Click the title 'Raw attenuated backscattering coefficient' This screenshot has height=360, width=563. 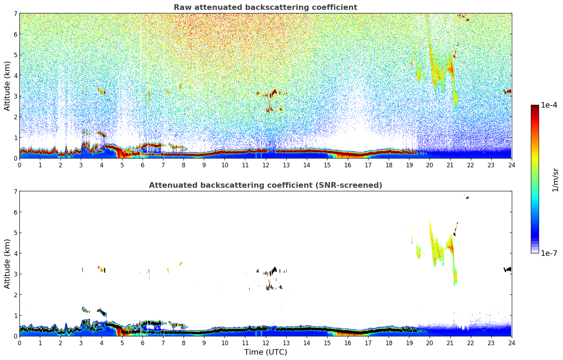(x=265, y=7)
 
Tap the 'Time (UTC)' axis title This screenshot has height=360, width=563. (x=265, y=352)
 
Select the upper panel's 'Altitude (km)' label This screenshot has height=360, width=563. (x=7, y=86)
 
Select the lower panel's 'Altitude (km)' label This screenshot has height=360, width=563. (x=7, y=264)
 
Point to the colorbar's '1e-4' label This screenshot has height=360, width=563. (x=549, y=105)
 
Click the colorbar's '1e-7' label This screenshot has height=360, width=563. (x=549, y=253)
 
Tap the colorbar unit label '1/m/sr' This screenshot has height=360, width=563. (x=555, y=180)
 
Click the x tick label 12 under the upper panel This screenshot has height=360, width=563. (x=265, y=165)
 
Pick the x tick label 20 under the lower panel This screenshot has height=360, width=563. (x=430, y=343)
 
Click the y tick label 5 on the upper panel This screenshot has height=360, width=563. (x=16, y=55)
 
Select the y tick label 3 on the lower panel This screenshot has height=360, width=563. (x=16, y=274)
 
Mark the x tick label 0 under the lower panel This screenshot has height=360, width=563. (x=19, y=343)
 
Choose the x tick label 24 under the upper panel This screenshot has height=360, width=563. (x=511, y=165)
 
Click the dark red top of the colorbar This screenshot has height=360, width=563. (x=534, y=107)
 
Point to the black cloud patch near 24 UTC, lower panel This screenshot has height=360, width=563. (x=508, y=269)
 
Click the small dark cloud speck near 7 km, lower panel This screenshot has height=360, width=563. (x=467, y=198)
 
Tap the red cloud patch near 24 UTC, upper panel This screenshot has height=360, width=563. (x=508, y=92)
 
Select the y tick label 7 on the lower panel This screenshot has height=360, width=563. (x=16, y=192)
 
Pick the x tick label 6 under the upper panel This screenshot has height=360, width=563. (x=143, y=165)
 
